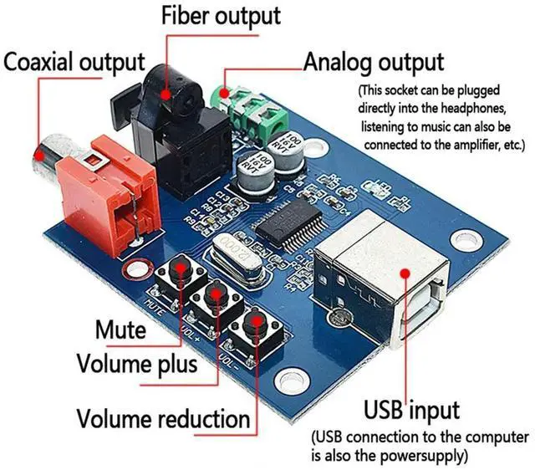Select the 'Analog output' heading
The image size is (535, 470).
pos(373,63)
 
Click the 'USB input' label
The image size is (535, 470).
pos(411,410)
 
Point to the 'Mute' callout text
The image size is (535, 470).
pos(120,330)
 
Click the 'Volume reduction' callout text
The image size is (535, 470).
pos(163,416)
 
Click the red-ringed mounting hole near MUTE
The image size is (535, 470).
pos(131,272)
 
